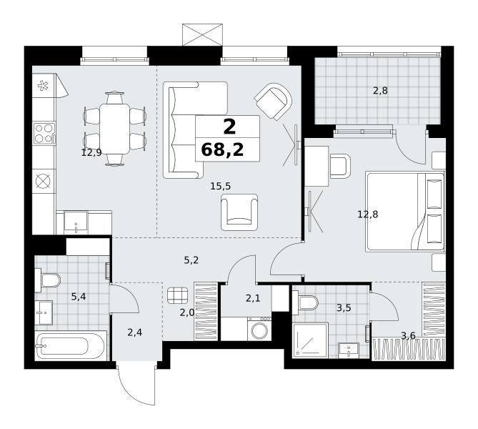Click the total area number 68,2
coord(222,150)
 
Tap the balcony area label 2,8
coord(380,91)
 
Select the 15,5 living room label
coord(220,186)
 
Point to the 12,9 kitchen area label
coord(91,152)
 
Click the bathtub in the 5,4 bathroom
coord(71,345)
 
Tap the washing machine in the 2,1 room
coord(259,329)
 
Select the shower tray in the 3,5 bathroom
coord(310,340)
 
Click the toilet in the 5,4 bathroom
coord(48,280)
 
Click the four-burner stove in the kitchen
coord(44,133)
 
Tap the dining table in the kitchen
coord(114,129)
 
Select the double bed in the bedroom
coord(405,212)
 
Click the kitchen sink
coord(76,222)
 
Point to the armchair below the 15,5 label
coord(239,212)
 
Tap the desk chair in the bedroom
coord(340,166)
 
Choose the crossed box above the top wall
coord(202,34)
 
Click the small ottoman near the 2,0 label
coord(177,296)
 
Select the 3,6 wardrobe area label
coord(408,336)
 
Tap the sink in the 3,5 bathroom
coord(349,350)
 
